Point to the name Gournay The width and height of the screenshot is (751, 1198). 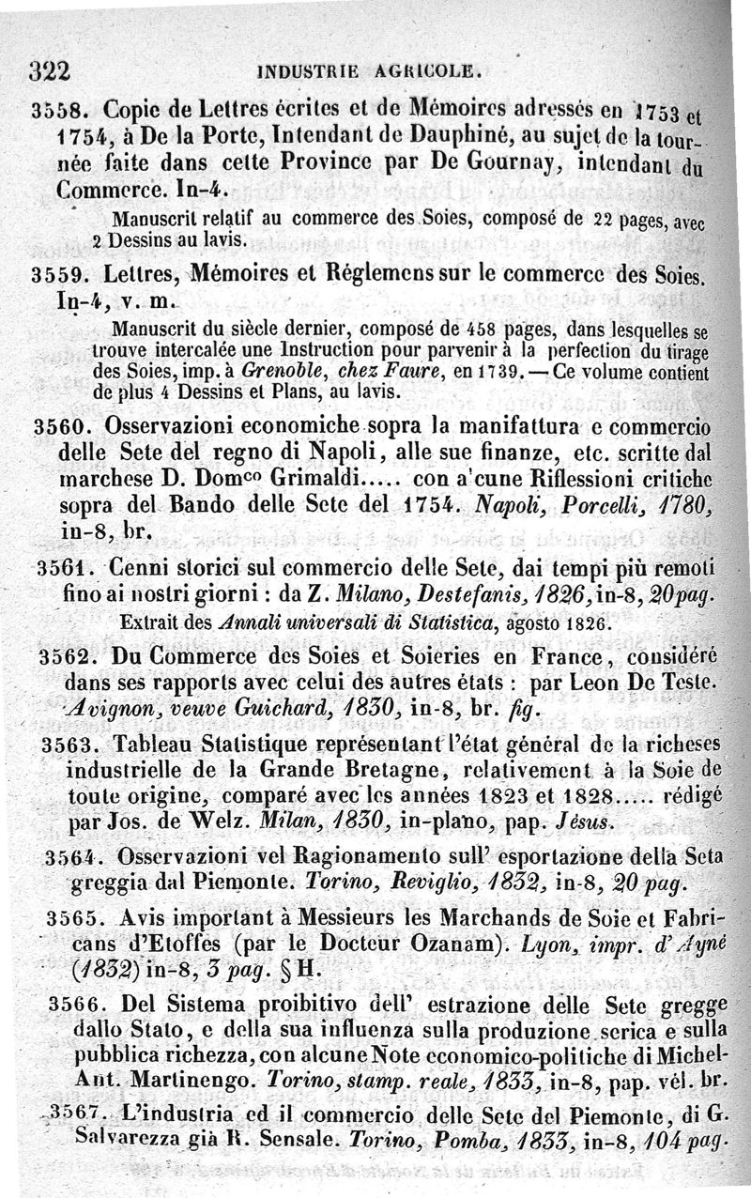(477, 165)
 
